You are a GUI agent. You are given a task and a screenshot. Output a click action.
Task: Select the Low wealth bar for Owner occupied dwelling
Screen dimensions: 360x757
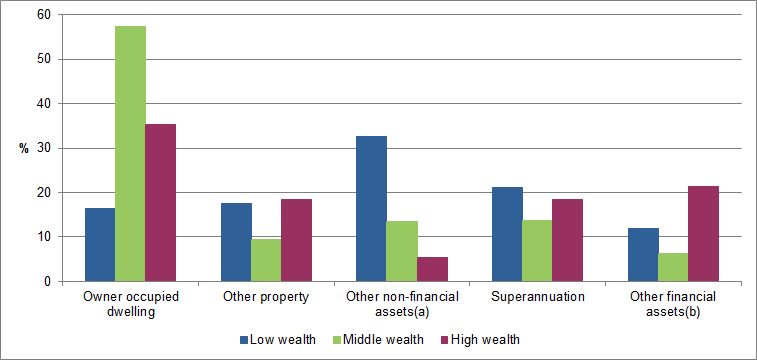pos(100,244)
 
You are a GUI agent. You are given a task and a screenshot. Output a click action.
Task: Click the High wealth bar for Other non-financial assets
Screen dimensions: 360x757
pos(432,269)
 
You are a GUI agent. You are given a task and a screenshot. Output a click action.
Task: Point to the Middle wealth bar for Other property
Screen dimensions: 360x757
pos(266,260)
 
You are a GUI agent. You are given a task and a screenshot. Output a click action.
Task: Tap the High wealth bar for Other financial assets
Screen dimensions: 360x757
pos(704,233)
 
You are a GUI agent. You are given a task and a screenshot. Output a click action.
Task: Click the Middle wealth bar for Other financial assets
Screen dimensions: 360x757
pos(674,267)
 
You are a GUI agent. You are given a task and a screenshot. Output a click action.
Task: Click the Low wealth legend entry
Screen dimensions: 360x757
pos(277,340)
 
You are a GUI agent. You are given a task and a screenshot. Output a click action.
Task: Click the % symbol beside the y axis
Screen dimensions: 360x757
pos(23,148)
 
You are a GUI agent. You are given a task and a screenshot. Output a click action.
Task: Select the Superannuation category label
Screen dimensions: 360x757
pos(538,298)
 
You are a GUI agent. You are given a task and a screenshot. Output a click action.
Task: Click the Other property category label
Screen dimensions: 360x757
pos(266,298)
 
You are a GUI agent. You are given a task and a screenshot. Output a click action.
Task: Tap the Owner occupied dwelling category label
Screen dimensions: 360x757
pos(130,304)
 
